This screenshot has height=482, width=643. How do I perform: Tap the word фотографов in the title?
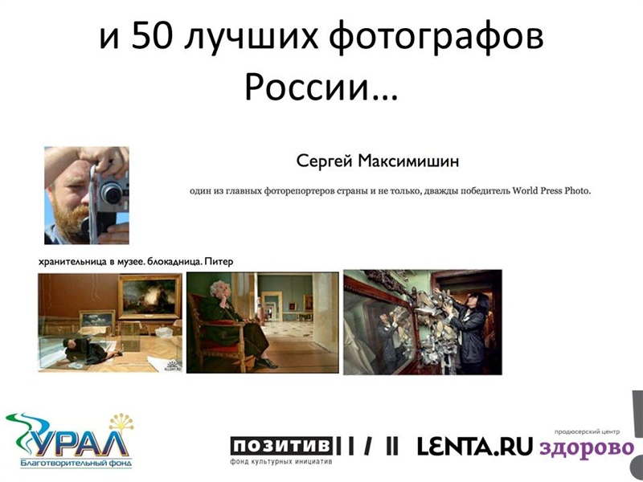point(436,38)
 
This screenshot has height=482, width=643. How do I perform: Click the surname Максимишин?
point(408,161)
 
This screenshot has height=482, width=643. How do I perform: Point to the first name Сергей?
point(325,162)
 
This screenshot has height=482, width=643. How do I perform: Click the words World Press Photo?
point(551,190)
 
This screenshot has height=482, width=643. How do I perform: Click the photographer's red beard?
point(68,222)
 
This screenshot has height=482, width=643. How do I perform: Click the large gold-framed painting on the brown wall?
point(149,296)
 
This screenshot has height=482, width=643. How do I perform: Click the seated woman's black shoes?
point(266,363)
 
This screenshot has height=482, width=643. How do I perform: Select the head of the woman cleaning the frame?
point(478,302)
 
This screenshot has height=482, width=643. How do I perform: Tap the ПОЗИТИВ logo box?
point(281,446)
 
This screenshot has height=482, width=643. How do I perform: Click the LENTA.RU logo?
point(474,447)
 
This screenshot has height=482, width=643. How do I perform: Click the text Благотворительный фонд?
point(76,464)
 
